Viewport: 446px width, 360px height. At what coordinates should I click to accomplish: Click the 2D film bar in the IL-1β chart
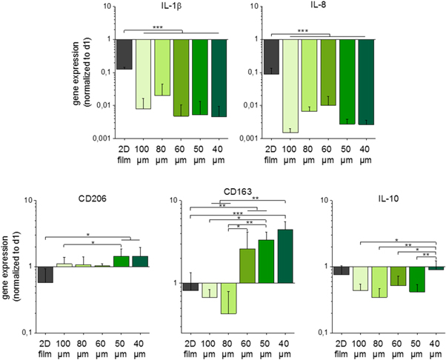pyautogui.click(x=124, y=53)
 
